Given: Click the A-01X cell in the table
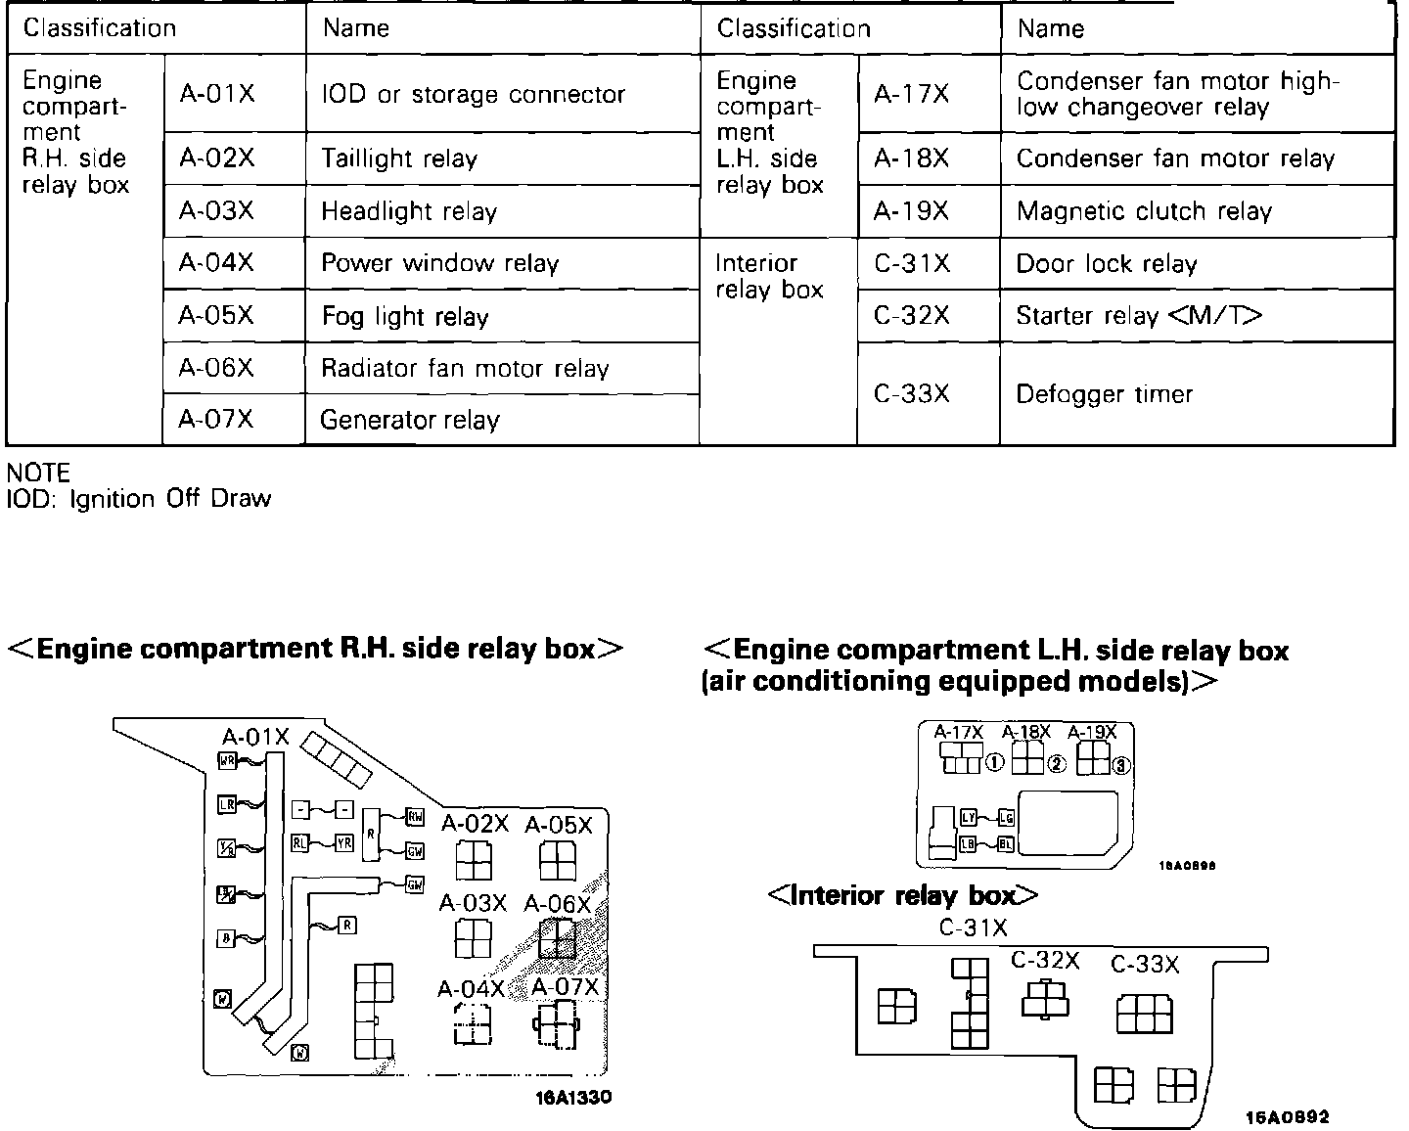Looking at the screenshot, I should pos(216,94).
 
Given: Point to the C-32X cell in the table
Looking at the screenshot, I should pos(911,316).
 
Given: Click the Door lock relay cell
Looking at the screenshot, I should pos(1106,264).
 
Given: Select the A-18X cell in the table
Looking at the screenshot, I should pos(911,158).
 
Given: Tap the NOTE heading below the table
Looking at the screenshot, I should pos(38,474).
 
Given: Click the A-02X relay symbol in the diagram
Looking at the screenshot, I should pos(475,861).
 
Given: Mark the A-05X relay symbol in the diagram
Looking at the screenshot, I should pos(558,861).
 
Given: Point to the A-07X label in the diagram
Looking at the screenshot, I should pos(565,987).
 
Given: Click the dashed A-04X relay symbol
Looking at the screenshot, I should pos(473,1025).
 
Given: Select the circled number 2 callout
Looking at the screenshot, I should pos(1056,764).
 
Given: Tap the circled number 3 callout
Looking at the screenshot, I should pos(1121,766).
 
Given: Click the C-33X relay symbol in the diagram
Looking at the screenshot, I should pos(1145,1014).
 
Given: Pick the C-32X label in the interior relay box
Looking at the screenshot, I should pos(1045,961).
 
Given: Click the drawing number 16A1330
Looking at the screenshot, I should pos(573,1098).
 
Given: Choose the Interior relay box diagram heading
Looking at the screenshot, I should pos(902,895).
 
